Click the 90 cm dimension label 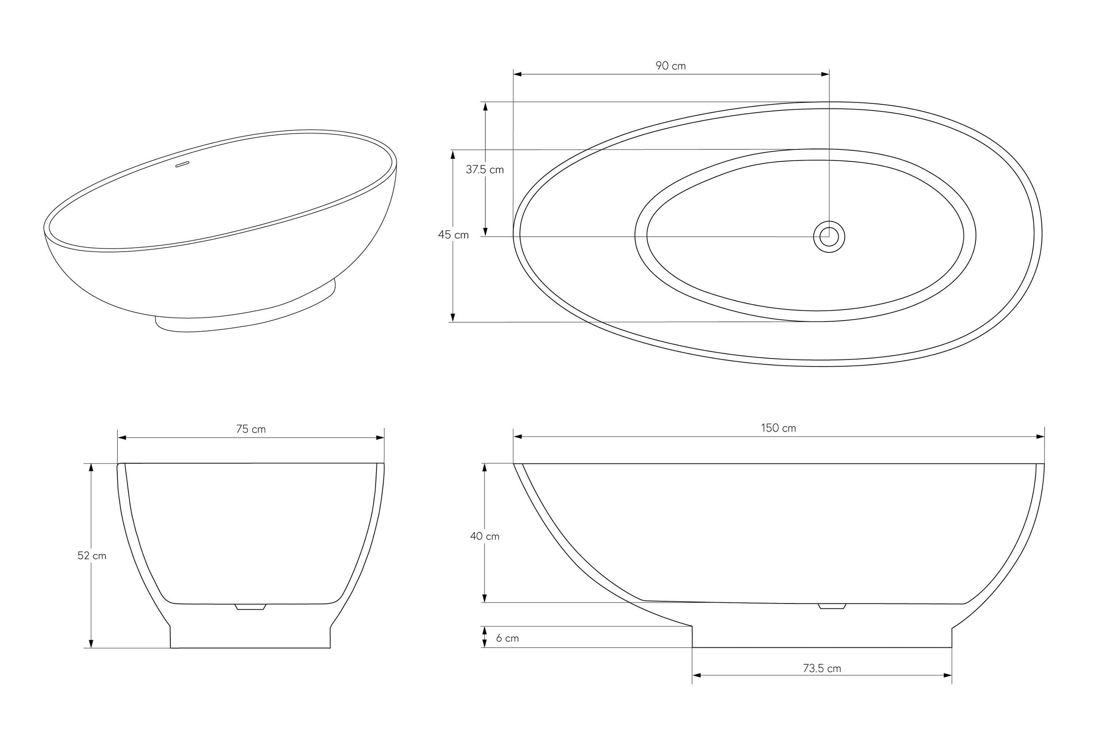pos(670,66)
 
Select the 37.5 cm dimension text pos(484,170)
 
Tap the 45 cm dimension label pos(453,235)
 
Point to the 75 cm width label pos(251,429)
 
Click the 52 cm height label pos(92,555)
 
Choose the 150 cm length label pos(778,428)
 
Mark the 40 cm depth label pos(484,536)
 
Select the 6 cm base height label pos(507,638)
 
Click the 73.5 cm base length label pos(822,669)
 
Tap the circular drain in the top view pos(829,236)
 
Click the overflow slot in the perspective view pos(183,164)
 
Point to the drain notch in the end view pos(250,607)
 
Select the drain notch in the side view pos(832,606)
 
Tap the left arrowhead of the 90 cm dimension pos(518,74)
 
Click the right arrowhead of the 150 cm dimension pos(1040,436)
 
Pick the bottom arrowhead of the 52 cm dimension pos(91,644)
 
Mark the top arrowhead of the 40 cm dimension pos(485,467)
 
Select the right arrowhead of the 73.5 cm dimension pos(948,675)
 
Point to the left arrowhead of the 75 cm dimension pos(122,438)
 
